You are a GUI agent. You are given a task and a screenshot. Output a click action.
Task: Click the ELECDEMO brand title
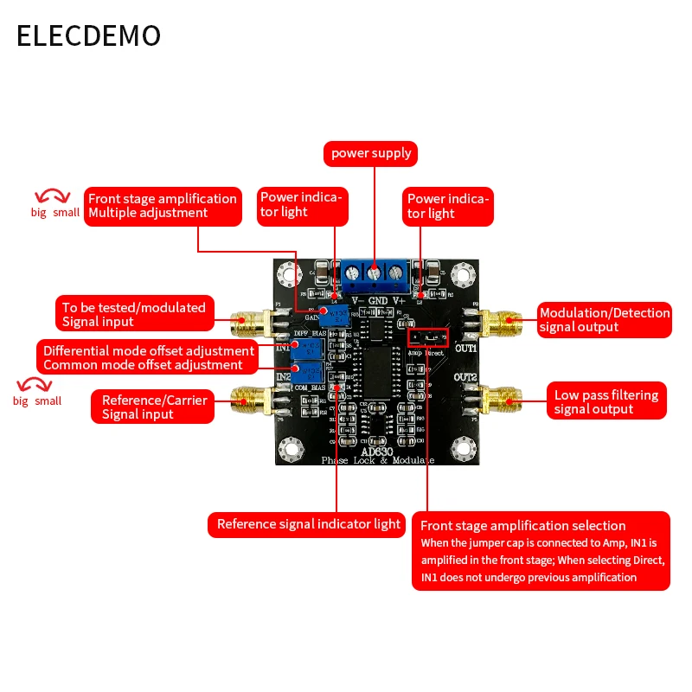[89, 35]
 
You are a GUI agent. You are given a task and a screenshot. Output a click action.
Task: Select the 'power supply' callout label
[372, 154]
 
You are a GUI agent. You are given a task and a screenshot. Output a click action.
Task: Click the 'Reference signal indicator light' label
[307, 524]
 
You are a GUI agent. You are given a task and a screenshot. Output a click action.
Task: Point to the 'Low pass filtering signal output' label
[606, 402]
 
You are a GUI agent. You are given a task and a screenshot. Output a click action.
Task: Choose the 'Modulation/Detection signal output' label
[604, 319]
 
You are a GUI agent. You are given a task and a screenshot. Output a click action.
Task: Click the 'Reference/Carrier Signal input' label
[152, 407]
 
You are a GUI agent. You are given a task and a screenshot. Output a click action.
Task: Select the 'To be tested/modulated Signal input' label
[134, 314]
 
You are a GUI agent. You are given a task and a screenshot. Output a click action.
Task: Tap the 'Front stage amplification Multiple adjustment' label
[163, 206]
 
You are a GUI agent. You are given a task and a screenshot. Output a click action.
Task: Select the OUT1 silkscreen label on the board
[466, 348]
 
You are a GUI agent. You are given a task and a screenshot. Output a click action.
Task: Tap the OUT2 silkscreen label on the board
[466, 378]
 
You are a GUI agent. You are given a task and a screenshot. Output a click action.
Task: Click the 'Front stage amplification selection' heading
[522, 526]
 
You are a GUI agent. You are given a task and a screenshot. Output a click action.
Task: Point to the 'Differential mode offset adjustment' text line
[149, 350]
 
